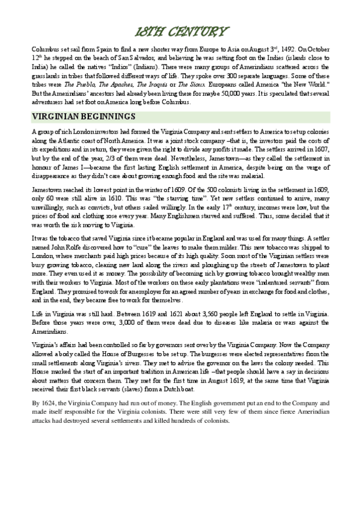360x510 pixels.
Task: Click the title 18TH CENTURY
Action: (x=180, y=31)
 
